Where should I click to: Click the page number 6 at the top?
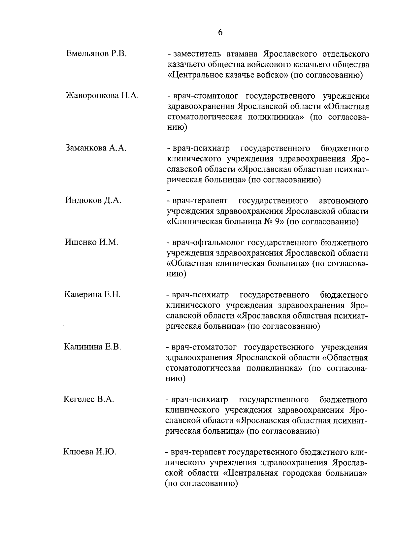click(x=220, y=32)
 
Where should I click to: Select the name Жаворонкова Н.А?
click(x=102, y=96)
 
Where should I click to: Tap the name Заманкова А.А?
click(x=96, y=148)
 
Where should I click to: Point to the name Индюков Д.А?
click(x=93, y=200)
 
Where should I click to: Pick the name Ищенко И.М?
click(x=91, y=242)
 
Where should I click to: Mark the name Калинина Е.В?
click(x=93, y=347)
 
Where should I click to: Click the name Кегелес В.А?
click(x=89, y=399)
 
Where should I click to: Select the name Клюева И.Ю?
click(x=89, y=452)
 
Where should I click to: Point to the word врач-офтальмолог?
click(x=208, y=243)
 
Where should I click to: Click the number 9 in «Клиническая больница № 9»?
click(x=277, y=221)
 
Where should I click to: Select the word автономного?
click(x=344, y=201)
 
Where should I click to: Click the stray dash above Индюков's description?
click(x=169, y=191)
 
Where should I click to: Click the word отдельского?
click(x=344, y=54)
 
